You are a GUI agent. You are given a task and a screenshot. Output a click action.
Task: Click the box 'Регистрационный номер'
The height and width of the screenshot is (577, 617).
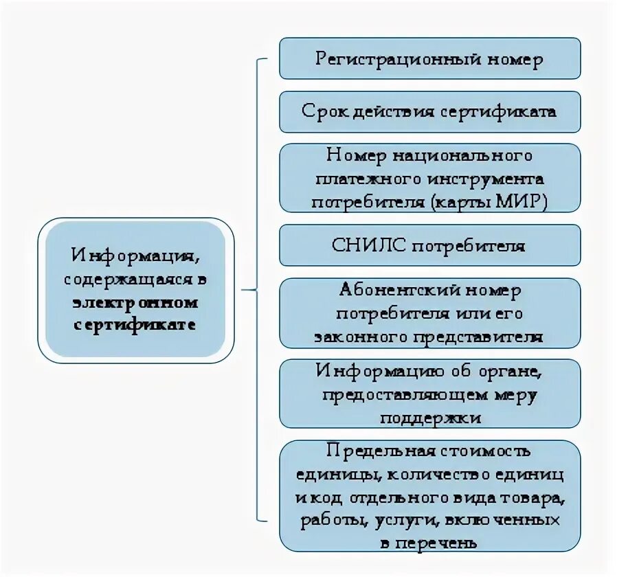click(x=429, y=58)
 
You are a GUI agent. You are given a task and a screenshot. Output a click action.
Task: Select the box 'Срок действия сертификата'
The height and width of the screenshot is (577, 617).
click(x=429, y=111)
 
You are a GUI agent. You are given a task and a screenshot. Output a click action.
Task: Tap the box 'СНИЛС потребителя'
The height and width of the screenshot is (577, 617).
click(x=429, y=245)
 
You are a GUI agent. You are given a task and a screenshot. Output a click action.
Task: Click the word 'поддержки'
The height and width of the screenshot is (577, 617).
click(x=429, y=417)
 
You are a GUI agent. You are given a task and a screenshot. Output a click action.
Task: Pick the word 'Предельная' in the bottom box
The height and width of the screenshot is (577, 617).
click(x=375, y=451)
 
